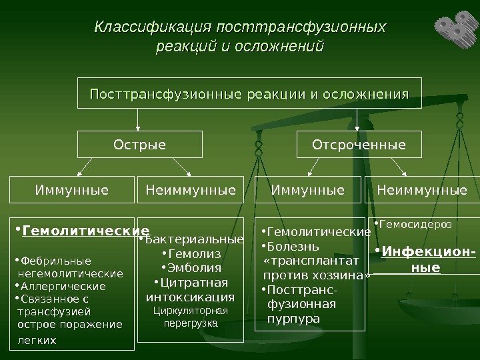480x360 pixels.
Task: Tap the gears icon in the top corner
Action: pos(455,27)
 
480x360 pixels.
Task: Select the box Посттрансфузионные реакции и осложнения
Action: pos(249,94)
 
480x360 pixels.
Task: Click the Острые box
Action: pos(140,144)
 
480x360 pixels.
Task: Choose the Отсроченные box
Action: pos(359,144)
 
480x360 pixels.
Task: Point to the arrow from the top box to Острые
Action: pos(138,119)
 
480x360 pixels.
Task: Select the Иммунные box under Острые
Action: pos(71,190)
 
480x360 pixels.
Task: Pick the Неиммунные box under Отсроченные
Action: pos(422,190)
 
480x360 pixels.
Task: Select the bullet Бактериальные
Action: pos(194,239)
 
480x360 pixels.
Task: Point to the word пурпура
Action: pos(293,319)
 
